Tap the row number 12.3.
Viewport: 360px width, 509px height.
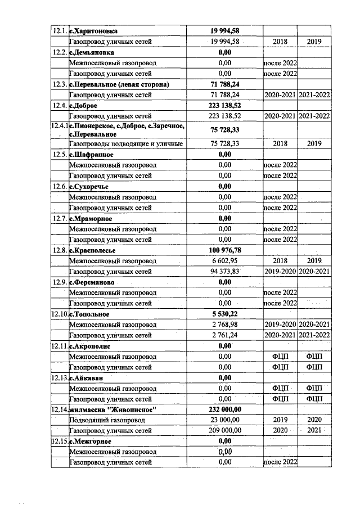click(59, 84)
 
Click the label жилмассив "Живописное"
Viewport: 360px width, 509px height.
click(112, 409)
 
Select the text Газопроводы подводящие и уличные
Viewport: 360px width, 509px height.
click(125, 144)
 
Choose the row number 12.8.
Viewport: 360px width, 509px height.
click(59, 250)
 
